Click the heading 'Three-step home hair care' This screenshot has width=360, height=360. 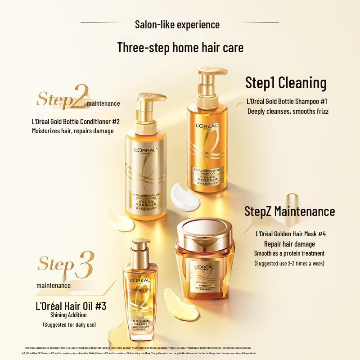pos(180,48)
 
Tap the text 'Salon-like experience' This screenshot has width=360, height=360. pos(180,24)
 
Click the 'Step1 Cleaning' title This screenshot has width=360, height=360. pos(285,83)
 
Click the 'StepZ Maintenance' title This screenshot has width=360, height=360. pos(289,211)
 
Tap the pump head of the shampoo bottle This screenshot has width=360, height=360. pos(204,76)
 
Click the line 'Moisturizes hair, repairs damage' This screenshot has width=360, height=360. pos(72,131)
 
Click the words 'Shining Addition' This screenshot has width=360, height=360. pos(75,315)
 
